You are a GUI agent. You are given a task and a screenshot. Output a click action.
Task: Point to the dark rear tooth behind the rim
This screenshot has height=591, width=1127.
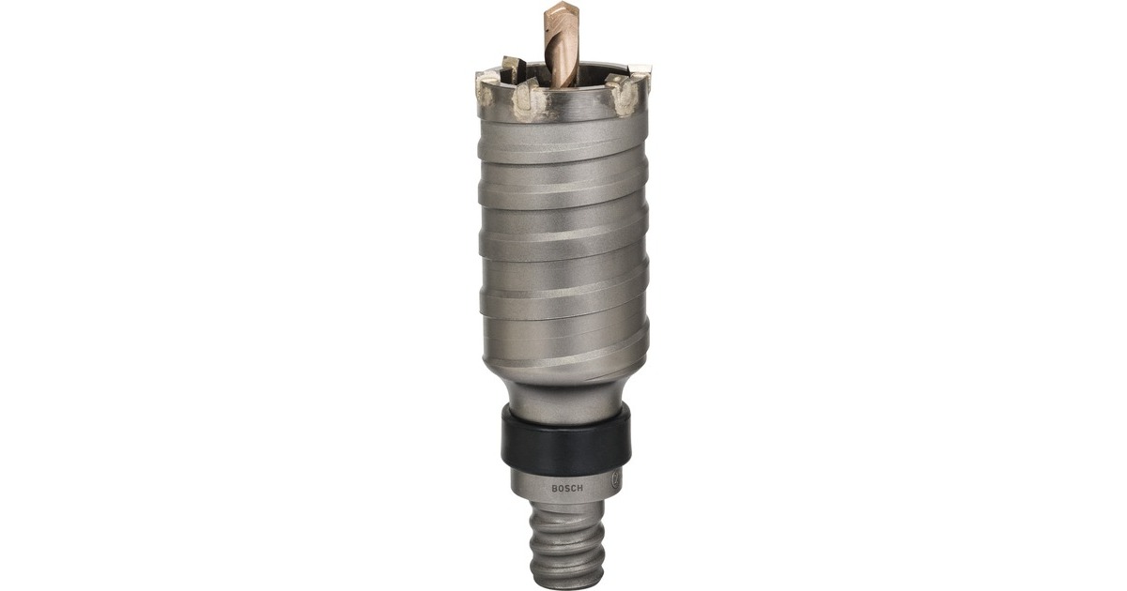(x=513, y=68)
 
